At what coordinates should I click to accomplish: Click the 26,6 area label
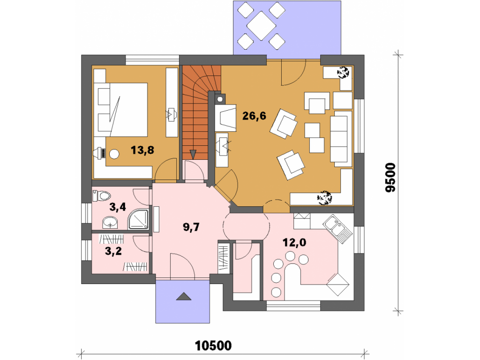coord(254,116)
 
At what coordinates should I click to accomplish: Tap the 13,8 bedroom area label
coord(142,150)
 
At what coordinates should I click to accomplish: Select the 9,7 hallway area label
coord(191,227)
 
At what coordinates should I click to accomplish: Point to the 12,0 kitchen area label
coord(294,243)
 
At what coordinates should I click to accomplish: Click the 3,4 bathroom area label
coord(118,207)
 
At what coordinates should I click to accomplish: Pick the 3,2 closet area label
coord(113,251)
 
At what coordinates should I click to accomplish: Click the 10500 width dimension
coord(213,345)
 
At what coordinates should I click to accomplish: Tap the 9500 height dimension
coord(390,178)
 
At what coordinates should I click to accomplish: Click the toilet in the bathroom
coord(101,195)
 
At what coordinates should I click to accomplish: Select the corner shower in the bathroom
coord(138,219)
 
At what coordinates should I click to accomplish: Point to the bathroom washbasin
coord(110,222)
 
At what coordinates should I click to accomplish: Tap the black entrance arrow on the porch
coord(183,296)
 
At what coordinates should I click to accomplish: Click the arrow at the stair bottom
coord(193,154)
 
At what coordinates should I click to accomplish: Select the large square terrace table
coord(262,26)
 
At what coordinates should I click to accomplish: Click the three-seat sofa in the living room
coord(341,139)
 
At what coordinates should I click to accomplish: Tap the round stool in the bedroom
coord(114,154)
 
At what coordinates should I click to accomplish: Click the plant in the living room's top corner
coord(343,73)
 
